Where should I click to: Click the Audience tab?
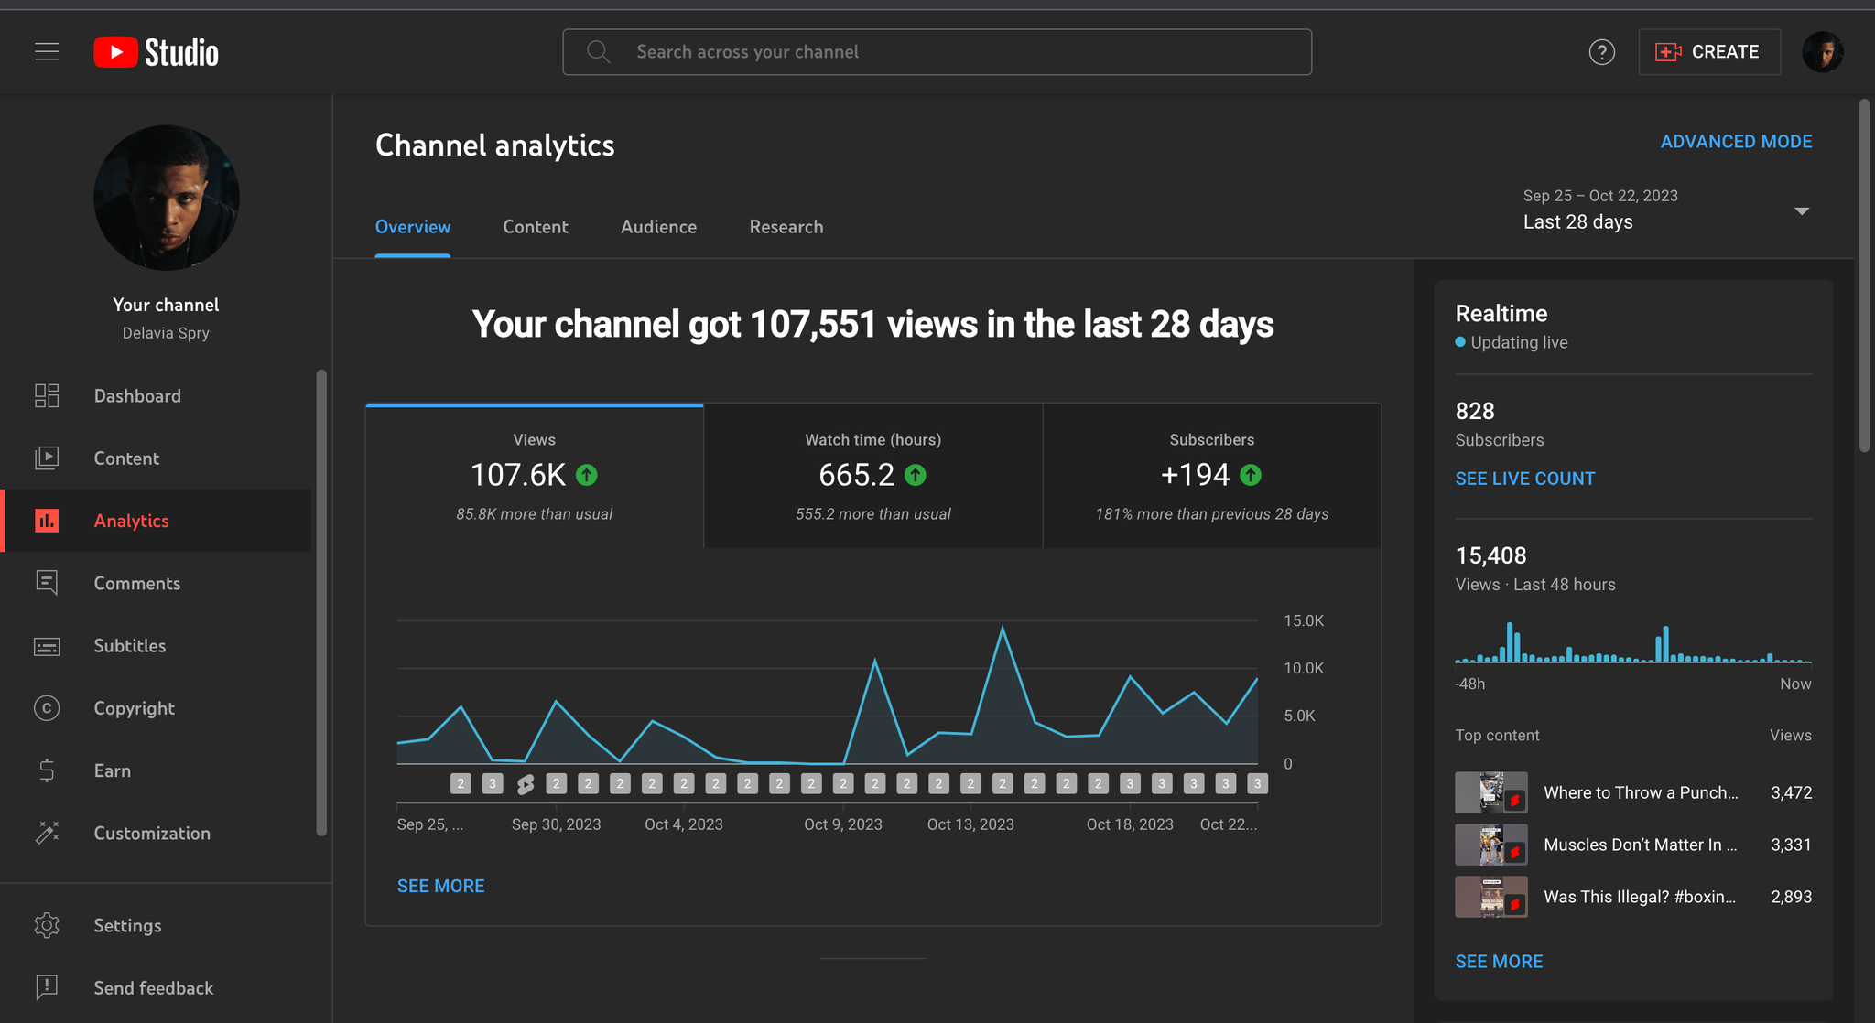click(x=658, y=227)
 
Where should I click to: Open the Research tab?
click(x=786, y=227)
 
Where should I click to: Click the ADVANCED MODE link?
click(x=1736, y=142)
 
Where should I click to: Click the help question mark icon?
click(x=1601, y=52)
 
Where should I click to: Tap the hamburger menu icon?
click(x=47, y=52)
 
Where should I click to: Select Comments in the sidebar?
click(x=136, y=584)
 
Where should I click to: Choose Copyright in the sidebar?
click(x=134, y=708)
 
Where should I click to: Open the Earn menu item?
click(x=112, y=770)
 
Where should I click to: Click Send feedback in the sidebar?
click(x=153, y=988)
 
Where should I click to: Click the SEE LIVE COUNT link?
click(x=1524, y=479)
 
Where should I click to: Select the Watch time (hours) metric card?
click(x=872, y=476)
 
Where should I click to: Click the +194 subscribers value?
click(x=1195, y=475)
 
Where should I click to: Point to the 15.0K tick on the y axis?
click(x=1304, y=621)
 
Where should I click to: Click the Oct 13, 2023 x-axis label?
click(x=970, y=824)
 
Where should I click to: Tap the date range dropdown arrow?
click(x=1802, y=211)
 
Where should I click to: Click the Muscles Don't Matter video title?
click(x=1640, y=845)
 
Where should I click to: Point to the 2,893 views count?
click(x=1791, y=897)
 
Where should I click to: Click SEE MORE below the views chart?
click(x=440, y=886)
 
